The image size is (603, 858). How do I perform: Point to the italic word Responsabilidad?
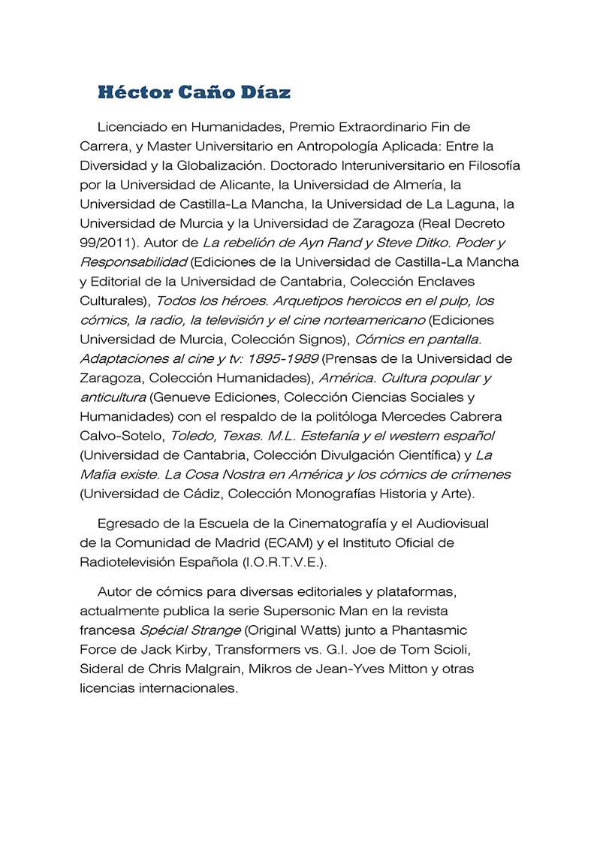(133, 262)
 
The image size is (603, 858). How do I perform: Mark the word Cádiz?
(198, 494)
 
